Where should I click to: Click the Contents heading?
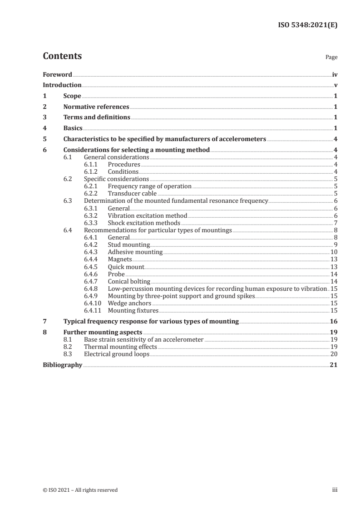[62, 56]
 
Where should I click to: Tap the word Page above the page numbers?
[331, 58]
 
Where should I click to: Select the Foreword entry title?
[57, 74]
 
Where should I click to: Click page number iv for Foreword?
[334, 74]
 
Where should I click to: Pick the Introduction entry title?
[62, 85]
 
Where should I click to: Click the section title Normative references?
[96, 107]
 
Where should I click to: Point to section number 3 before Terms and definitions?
[44, 117]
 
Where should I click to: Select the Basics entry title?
[73, 128]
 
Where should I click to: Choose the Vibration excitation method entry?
[147, 215]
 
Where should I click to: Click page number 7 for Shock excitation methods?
[335, 223]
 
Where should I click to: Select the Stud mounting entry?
[129, 245]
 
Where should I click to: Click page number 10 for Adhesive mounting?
[333, 252]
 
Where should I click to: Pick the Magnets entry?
[120, 259]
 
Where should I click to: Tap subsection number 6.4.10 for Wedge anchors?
[94, 303]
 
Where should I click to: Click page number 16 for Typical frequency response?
[333, 321]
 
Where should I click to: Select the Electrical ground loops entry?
[117, 354]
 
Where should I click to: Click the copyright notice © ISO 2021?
[80, 490]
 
